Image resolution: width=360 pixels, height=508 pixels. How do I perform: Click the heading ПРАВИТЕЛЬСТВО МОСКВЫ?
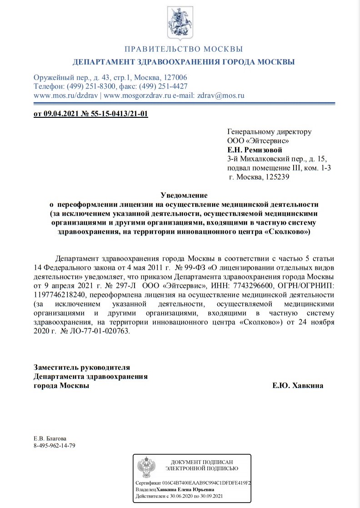pyautogui.click(x=184, y=49)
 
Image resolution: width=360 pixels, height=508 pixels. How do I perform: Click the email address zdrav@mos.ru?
pyautogui.click(x=221, y=96)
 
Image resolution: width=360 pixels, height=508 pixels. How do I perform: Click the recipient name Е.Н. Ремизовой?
pyautogui.click(x=255, y=150)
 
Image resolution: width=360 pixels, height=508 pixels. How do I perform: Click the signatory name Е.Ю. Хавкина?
pyautogui.click(x=298, y=386)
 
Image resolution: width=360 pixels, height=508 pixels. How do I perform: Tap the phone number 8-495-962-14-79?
pyautogui.click(x=55, y=446)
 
